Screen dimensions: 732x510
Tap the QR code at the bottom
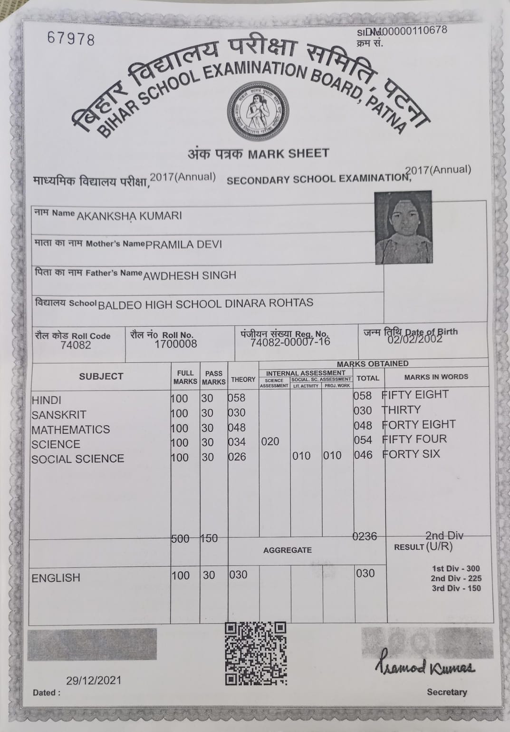[x=256, y=653]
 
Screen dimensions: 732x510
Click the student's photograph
[x=404, y=227]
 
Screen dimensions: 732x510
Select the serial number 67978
[x=71, y=38]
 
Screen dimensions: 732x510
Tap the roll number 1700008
[x=175, y=343]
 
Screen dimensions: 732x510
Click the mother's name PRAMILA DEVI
[x=183, y=244]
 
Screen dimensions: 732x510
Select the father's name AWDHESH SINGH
[x=190, y=275]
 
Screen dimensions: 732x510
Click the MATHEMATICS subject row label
[x=70, y=429]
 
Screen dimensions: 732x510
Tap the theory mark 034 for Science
[x=237, y=442]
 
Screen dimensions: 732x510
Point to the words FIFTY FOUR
[x=414, y=439]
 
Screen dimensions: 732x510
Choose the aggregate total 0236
[x=365, y=537]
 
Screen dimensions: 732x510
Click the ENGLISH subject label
[x=56, y=578]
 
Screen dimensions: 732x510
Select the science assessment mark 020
[x=270, y=442]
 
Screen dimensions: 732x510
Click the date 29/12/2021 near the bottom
[x=94, y=680]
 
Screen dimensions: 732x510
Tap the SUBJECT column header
[x=101, y=376]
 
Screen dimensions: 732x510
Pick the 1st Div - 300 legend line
[x=456, y=568]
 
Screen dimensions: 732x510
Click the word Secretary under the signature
[x=447, y=692]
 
